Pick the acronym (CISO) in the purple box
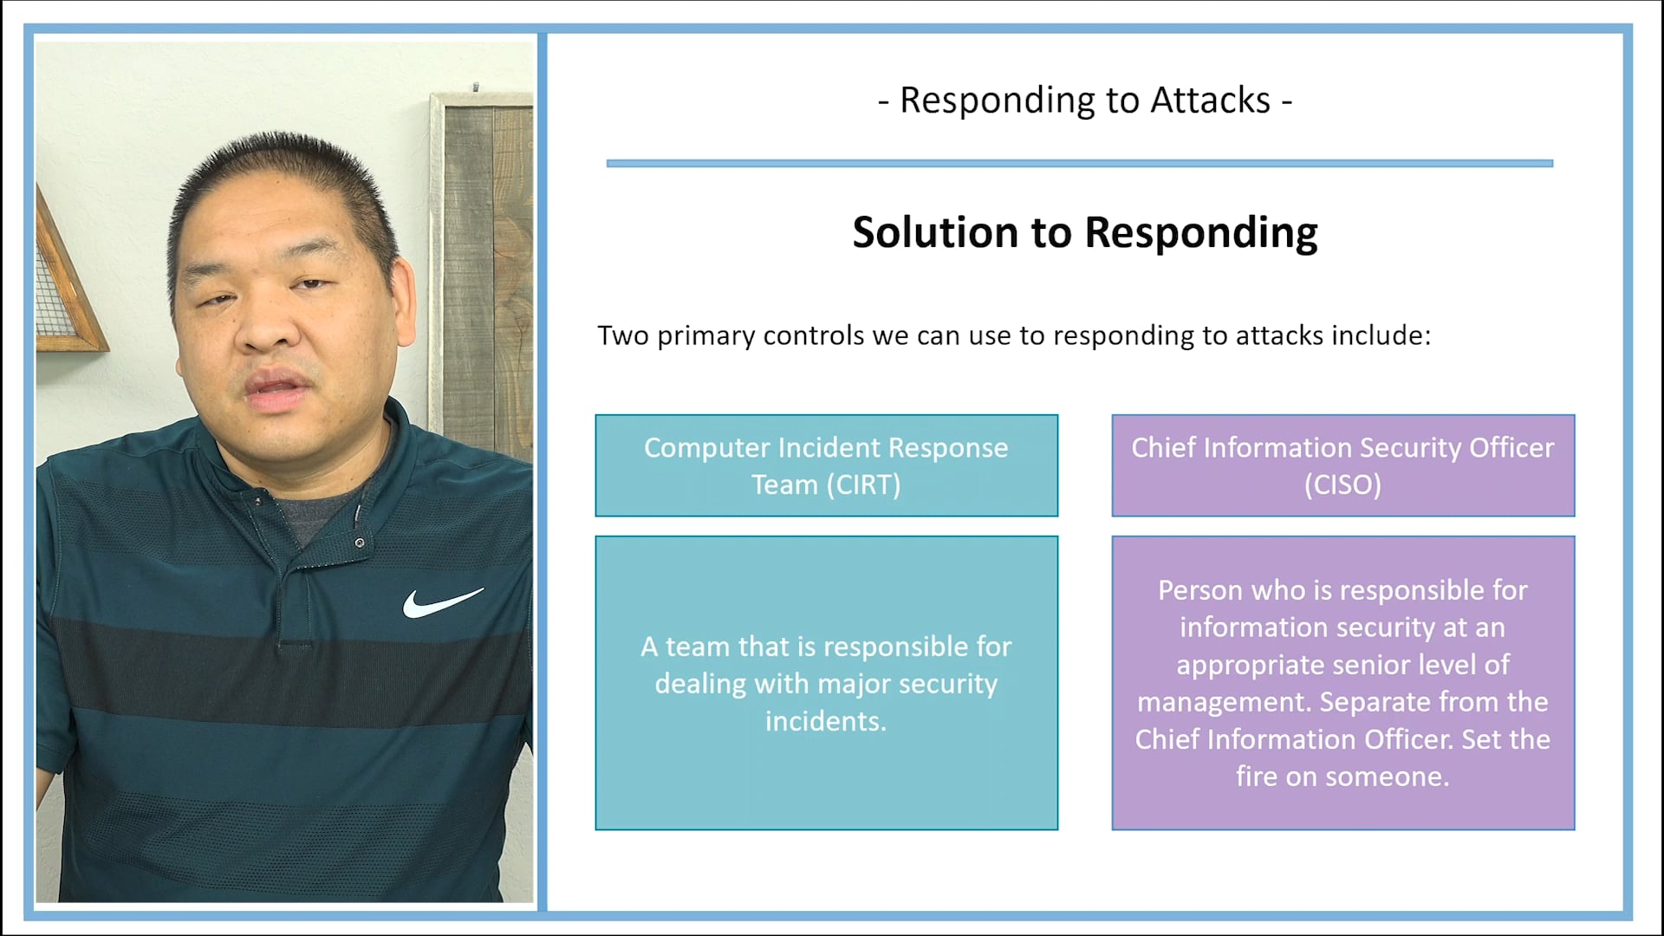pyautogui.click(x=1342, y=485)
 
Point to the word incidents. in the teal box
pyautogui.click(x=826, y=721)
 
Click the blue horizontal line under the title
pyautogui.click(x=1079, y=163)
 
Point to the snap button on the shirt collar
pyautogui.click(x=359, y=543)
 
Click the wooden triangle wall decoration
pyautogui.click(x=65, y=286)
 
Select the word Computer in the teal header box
pyautogui.click(x=706, y=448)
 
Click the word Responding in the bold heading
pyautogui.click(x=1200, y=234)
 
